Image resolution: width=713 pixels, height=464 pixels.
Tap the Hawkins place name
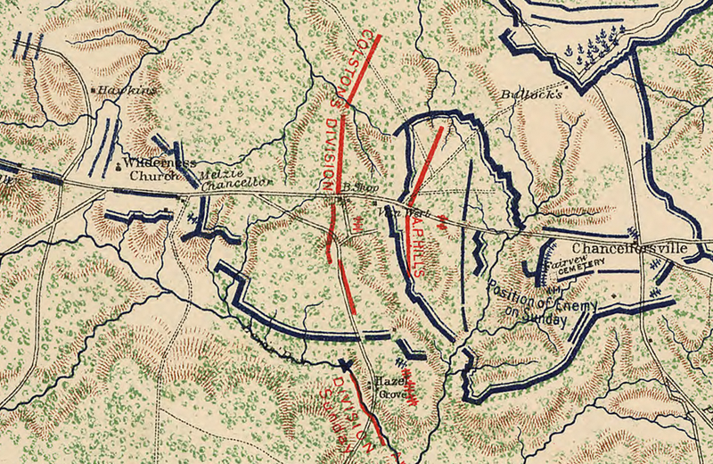click(x=127, y=90)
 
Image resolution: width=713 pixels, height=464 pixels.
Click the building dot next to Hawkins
click(x=94, y=90)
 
